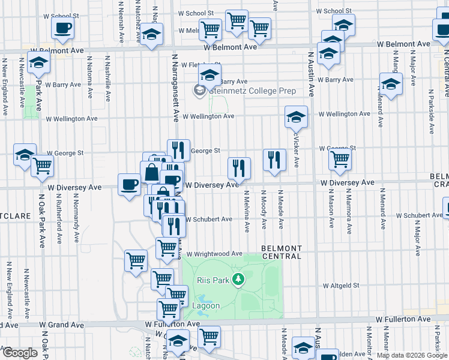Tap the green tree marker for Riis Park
pyautogui.click(x=239, y=279)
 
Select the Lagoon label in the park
pyautogui.click(x=206, y=306)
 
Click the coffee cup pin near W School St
pyautogui.click(x=62, y=27)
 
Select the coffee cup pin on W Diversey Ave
pyautogui.click(x=128, y=184)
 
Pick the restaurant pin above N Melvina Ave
pyautogui.click(x=239, y=168)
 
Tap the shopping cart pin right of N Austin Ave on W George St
pyautogui.click(x=340, y=160)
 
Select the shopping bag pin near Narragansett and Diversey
pyautogui.click(x=151, y=172)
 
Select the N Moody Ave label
pyautogui.click(x=264, y=210)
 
